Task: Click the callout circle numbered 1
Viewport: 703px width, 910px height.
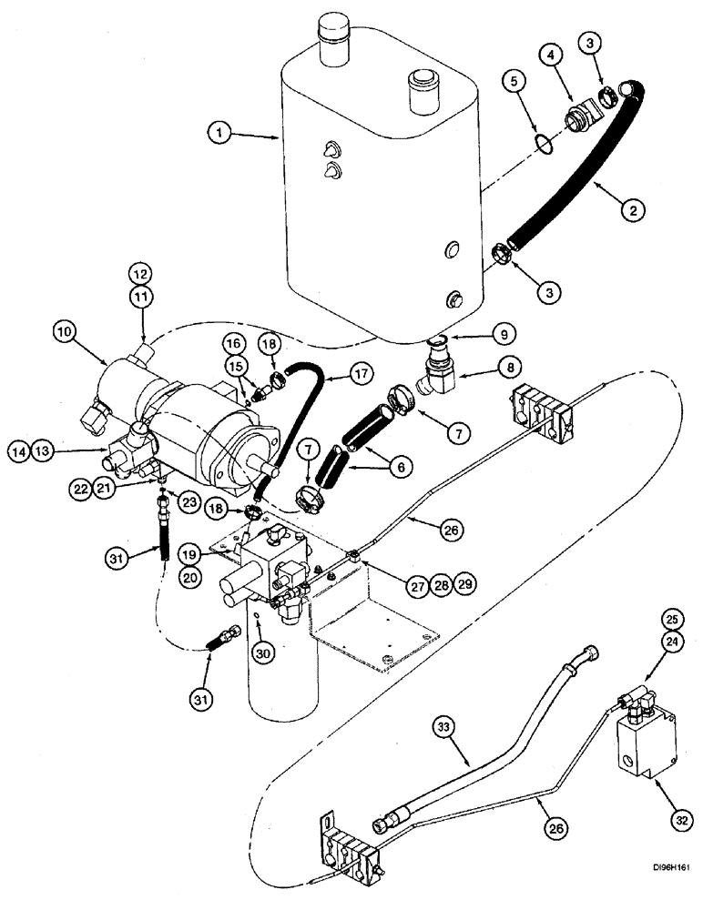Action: pyautogui.click(x=216, y=134)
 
